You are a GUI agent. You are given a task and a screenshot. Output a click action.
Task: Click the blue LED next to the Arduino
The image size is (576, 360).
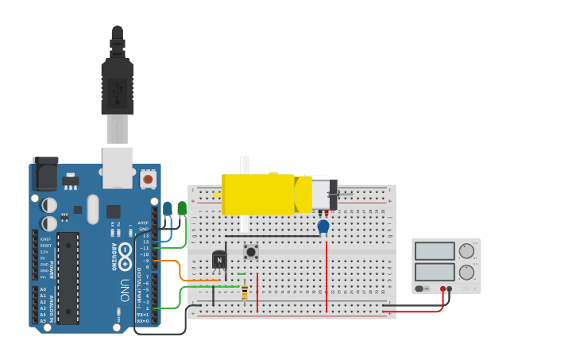167,209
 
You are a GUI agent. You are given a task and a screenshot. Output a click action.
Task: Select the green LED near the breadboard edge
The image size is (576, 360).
182,208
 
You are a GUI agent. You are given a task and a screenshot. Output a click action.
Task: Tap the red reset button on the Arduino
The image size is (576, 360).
148,179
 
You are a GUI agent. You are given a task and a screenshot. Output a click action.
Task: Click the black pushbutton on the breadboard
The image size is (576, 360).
251,252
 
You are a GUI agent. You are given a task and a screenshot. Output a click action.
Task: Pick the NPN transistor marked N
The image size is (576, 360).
219,260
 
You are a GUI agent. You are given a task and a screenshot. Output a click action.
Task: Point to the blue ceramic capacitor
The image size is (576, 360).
323,227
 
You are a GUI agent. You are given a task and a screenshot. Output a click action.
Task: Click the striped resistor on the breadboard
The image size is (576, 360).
245,293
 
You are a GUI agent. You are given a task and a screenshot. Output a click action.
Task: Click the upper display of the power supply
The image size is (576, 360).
434,251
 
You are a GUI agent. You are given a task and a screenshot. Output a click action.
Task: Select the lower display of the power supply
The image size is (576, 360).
434,272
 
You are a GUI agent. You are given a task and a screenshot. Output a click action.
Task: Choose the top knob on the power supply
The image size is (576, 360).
466,251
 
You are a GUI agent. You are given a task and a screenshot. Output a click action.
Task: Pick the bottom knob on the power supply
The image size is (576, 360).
466,272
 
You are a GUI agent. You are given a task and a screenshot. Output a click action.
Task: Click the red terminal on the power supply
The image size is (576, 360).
443,288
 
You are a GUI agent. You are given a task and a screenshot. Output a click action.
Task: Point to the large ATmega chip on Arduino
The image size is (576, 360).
68,277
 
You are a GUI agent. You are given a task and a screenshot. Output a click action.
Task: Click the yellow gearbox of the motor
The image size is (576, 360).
258,194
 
